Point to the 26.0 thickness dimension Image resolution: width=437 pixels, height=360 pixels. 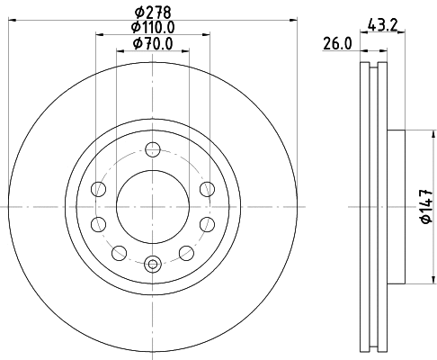[x=337, y=43]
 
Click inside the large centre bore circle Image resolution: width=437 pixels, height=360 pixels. [x=152, y=206]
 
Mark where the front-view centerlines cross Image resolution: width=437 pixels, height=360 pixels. [x=152, y=206]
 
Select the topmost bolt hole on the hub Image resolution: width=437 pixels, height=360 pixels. [x=152, y=149]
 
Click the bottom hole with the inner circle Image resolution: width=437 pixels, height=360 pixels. [x=152, y=264]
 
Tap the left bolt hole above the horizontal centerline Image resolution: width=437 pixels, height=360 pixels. [x=98, y=188]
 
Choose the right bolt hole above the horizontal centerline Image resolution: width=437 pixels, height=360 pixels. [x=207, y=188]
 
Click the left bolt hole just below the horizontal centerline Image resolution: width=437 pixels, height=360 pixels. [x=98, y=224]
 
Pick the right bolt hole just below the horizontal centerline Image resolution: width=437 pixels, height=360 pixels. [x=207, y=224]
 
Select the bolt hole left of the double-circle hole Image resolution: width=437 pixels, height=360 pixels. [x=119, y=253]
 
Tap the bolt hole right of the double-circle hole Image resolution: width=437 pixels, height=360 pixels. [x=185, y=253]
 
